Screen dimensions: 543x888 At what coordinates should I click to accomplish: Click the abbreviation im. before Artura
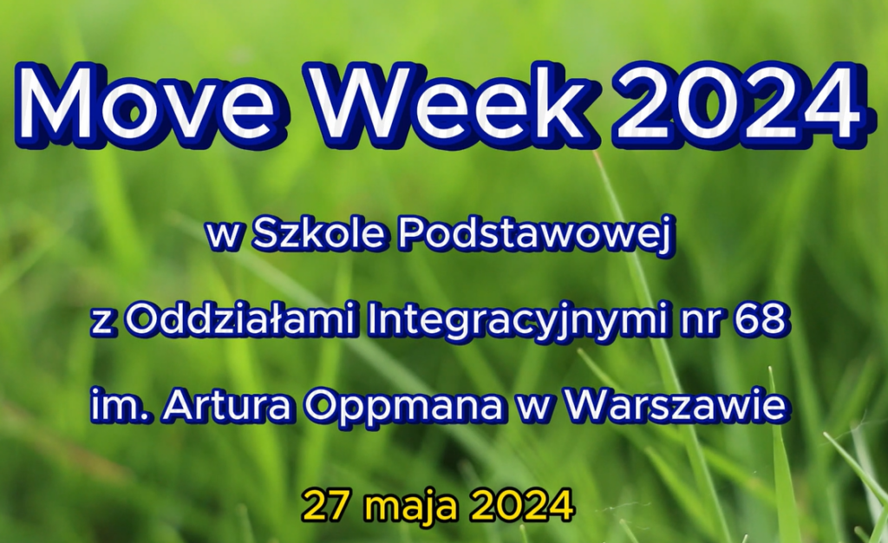(x=113, y=406)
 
